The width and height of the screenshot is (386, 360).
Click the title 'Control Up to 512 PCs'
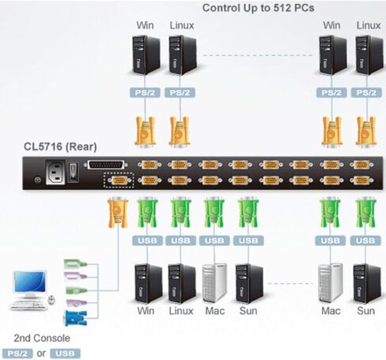pos(258,8)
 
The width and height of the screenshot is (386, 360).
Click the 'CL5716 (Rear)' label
pos(60,146)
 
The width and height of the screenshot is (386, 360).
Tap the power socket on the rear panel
pos(55,172)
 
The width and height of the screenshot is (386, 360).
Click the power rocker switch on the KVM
pos(73,172)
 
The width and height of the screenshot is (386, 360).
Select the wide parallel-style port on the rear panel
pos(105,165)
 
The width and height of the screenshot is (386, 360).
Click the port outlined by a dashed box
pos(119,180)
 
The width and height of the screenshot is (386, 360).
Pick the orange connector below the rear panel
pos(118,213)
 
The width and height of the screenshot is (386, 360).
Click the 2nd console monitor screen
pos(30,282)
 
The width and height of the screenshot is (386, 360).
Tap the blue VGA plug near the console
pos(75,318)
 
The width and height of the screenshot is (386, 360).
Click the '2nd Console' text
pos(42,338)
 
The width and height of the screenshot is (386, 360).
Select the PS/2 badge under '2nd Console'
pos(17,354)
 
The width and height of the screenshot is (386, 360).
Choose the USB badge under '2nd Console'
pos(65,354)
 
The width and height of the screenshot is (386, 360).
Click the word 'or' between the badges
pos(41,354)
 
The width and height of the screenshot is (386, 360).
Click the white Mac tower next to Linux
pos(214,283)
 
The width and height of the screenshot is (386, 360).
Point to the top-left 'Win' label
pos(145,25)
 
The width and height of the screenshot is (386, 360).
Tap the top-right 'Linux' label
pos(369,25)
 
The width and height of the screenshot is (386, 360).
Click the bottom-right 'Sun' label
pos(365,311)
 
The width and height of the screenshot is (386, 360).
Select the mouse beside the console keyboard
pos(51,300)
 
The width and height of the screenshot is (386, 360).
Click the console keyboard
pos(28,305)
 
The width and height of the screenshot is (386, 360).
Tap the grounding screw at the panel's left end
pos(38,180)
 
